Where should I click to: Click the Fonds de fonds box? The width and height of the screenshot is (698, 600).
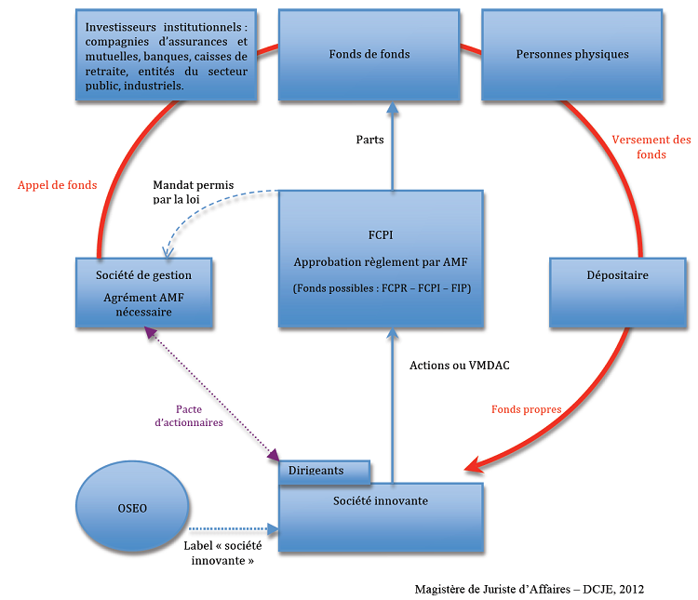point(369,54)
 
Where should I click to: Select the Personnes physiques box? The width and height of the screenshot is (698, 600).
point(572,54)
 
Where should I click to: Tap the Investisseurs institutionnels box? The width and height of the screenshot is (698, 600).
point(167,56)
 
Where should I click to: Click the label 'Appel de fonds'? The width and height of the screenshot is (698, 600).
point(57,185)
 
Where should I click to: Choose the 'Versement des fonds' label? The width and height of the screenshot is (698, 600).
point(651,147)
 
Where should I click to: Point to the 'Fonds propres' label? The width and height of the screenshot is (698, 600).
point(526,408)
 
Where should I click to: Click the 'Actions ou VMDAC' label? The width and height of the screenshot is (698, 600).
point(460,366)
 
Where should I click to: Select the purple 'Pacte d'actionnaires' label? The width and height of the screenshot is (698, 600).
point(188,415)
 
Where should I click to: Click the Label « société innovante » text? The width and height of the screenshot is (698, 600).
point(220,553)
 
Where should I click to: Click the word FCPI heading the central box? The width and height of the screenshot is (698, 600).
point(382,235)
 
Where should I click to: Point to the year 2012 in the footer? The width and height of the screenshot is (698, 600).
point(630,589)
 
